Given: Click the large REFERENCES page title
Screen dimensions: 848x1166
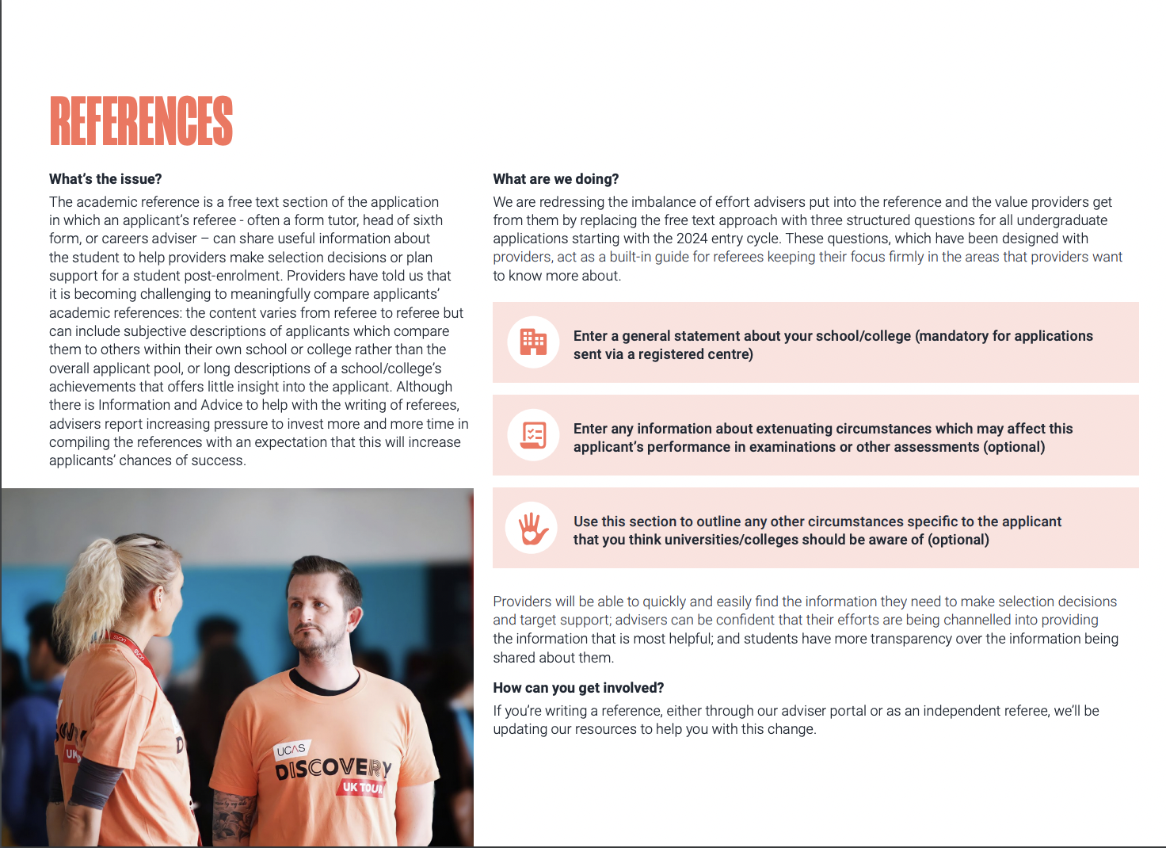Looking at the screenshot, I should click(x=141, y=121).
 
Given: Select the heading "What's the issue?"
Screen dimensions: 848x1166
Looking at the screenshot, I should click(x=105, y=179).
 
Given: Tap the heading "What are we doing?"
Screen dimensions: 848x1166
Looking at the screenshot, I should click(x=555, y=179).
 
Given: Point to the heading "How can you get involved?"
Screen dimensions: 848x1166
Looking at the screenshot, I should click(x=578, y=688).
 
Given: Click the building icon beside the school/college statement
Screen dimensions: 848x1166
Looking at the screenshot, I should click(x=533, y=342).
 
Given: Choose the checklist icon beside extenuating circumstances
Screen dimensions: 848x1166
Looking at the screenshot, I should click(x=533, y=435).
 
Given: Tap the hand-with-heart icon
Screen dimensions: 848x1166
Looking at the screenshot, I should click(x=532, y=528).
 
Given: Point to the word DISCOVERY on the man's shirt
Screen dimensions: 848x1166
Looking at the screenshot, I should click(x=333, y=768).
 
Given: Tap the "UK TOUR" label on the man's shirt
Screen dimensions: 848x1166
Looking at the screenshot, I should click(x=363, y=787).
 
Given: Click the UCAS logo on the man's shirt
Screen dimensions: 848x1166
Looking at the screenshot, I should click(x=291, y=750).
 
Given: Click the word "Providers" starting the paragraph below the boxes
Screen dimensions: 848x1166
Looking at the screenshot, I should click(x=522, y=602).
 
